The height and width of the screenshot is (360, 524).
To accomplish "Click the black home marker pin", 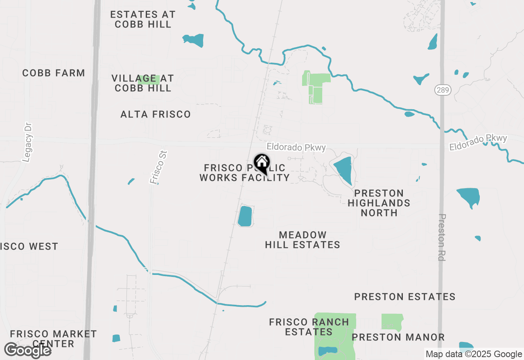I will click(262, 164).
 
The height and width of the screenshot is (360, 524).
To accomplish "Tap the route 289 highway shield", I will click(443, 90).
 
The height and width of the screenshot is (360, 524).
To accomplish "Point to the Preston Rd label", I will click(442, 237).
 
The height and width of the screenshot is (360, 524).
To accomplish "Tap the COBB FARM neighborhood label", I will click(54, 73).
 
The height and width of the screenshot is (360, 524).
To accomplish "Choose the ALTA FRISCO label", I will click(156, 115).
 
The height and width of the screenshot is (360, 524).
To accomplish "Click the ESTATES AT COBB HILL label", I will click(143, 19).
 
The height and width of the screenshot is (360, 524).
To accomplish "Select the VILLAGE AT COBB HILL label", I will click(143, 83).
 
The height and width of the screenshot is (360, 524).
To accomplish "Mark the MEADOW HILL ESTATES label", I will click(303, 240).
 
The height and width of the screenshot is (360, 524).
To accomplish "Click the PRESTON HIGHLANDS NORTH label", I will click(379, 203).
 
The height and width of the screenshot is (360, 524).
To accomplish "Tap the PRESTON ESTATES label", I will click(405, 297).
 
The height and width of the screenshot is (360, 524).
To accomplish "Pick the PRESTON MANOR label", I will click(398, 337).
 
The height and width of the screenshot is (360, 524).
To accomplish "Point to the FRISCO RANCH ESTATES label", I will click(309, 327).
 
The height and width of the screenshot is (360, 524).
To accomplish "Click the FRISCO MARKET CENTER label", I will click(54, 339).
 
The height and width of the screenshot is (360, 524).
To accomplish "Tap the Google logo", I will click(27, 350).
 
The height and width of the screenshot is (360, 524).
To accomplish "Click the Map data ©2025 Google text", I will click(474, 354).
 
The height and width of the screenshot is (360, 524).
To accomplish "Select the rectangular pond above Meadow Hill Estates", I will click(245, 216).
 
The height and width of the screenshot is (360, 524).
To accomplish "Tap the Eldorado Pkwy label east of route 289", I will click(478, 142).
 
